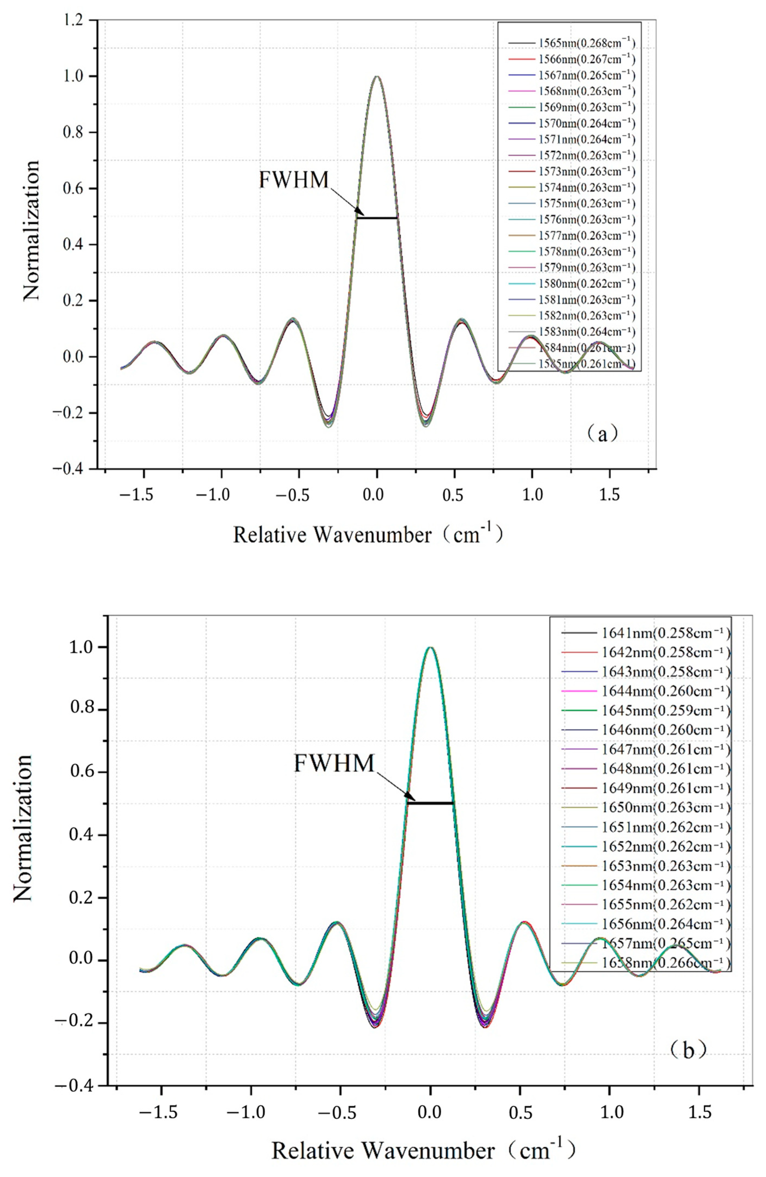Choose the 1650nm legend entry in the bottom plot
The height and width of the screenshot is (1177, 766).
645,807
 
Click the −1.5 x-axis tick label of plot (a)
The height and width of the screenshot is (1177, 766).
142,495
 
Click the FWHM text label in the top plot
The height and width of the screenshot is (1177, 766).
294,179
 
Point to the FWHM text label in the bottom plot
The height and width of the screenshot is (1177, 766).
334,763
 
